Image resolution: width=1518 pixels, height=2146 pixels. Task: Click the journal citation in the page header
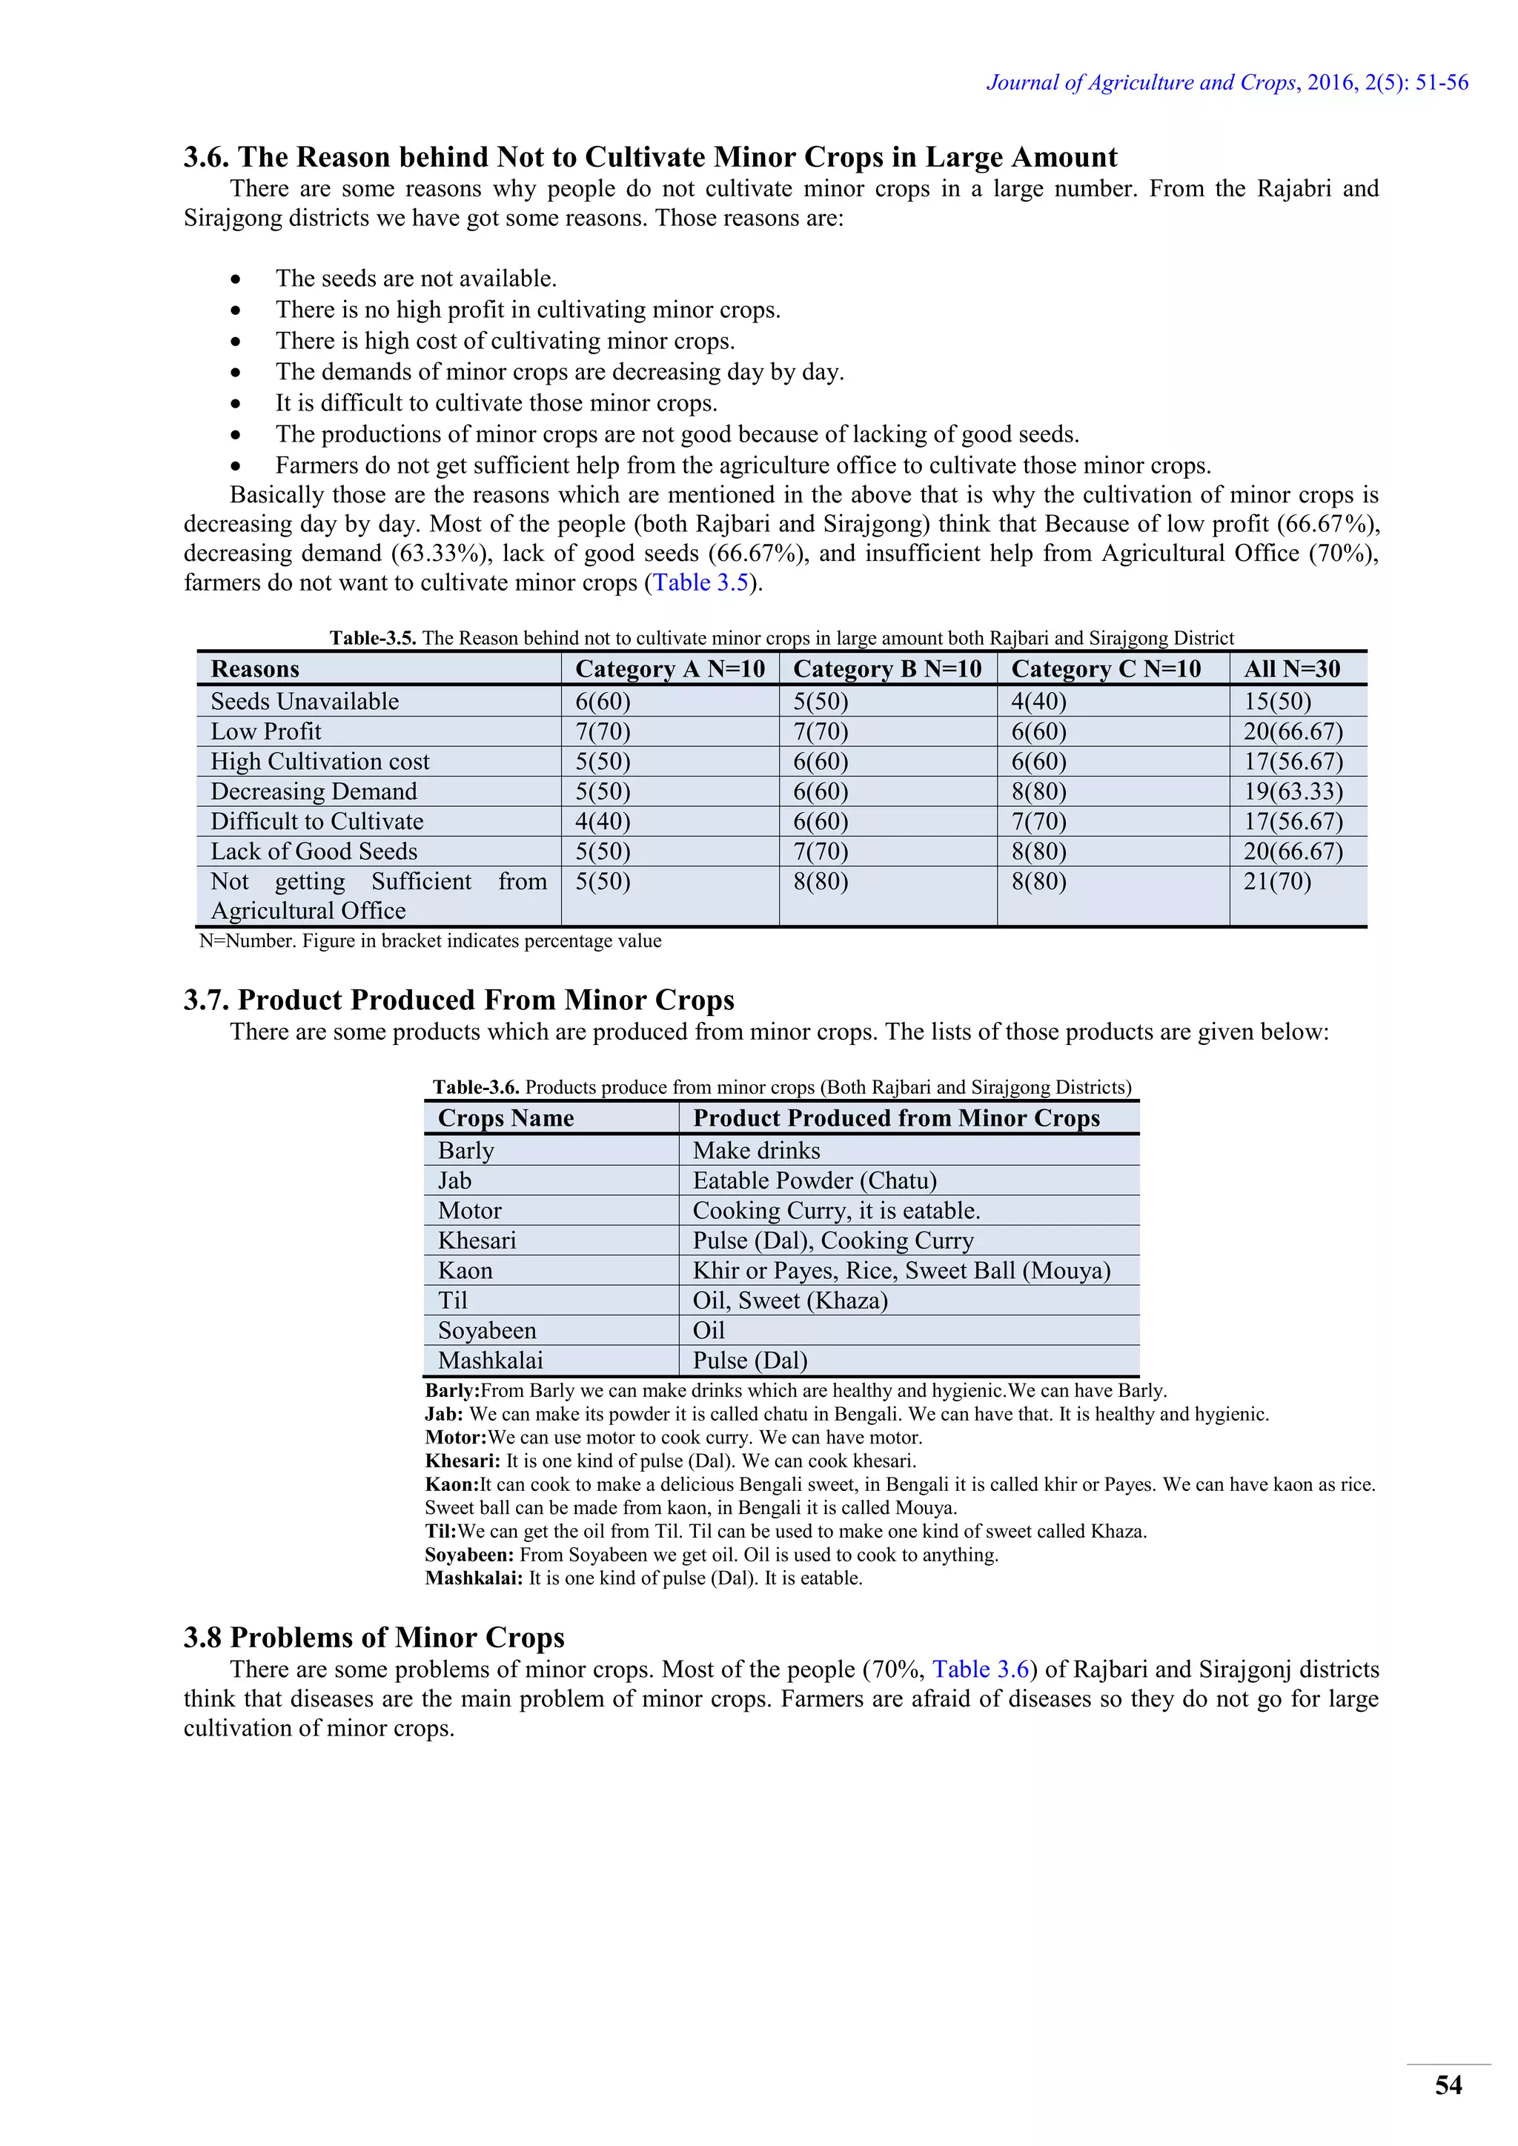[1227, 82]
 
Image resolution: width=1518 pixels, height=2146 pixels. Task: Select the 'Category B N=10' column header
[887, 668]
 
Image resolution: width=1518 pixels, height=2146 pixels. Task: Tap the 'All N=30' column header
[1291, 668]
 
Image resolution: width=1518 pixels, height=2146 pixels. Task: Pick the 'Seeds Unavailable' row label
[305, 701]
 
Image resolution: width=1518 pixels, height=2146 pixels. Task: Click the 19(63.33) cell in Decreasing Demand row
[1292, 791]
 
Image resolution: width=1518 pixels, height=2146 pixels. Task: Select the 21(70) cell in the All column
[1277, 881]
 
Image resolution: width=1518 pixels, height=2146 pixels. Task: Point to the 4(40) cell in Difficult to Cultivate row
[603, 822]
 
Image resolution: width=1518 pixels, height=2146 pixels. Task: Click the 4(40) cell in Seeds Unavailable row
[1038, 701]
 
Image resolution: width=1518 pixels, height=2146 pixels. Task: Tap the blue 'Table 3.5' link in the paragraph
[701, 582]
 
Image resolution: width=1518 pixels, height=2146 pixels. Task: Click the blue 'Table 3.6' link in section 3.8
[981, 1670]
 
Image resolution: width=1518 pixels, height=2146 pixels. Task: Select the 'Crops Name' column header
[506, 1118]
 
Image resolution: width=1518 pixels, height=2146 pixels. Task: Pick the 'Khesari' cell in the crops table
[477, 1240]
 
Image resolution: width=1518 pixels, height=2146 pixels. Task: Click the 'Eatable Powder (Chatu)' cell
[814, 1180]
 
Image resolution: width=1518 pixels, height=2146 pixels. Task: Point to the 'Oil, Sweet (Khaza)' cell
[790, 1300]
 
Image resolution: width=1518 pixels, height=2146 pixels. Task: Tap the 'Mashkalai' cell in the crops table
[490, 1360]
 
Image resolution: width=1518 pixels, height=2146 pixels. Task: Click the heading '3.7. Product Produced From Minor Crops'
[458, 1000]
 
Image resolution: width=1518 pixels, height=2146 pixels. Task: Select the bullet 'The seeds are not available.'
[416, 279]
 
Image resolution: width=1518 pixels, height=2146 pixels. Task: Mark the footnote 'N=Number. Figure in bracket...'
[430, 940]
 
